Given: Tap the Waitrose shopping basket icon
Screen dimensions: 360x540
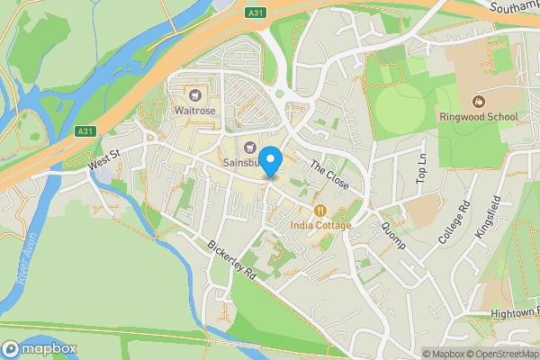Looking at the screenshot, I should pyautogui.click(x=194, y=94).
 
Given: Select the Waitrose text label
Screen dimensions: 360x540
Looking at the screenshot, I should pyautogui.click(x=194, y=111).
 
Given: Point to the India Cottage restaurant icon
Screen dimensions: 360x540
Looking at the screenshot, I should pyautogui.click(x=319, y=210).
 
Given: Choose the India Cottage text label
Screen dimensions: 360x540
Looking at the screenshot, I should pyautogui.click(x=320, y=225).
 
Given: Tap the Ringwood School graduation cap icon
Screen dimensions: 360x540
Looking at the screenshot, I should pyautogui.click(x=478, y=100).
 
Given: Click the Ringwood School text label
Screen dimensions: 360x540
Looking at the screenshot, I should pyautogui.click(x=478, y=116).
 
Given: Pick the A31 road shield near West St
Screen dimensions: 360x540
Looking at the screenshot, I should pyautogui.click(x=85, y=131).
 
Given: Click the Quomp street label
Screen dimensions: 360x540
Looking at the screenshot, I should pyautogui.click(x=393, y=235).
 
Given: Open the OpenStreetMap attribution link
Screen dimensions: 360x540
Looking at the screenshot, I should pyautogui.click(x=500, y=354).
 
